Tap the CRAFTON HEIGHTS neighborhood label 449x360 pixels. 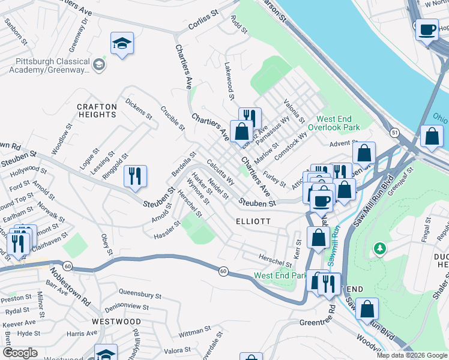click(x=97, y=110)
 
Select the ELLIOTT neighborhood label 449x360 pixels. click(x=253, y=221)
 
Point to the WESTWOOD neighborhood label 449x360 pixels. click(x=116, y=322)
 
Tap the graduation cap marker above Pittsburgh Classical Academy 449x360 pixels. click(x=122, y=43)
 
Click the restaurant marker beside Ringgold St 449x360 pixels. click(x=135, y=176)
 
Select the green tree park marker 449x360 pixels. click(x=379, y=247)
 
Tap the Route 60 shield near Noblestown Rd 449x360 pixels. click(x=67, y=266)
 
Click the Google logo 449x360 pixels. click(x=20, y=353)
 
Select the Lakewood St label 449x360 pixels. click(x=229, y=80)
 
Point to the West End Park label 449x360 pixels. click(x=280, y=275)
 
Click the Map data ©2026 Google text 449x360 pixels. click(x=411, y=355)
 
